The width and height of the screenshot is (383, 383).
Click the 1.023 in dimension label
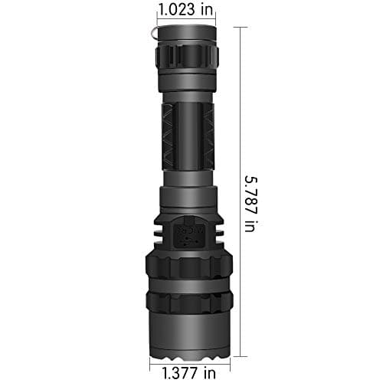coord(186,10)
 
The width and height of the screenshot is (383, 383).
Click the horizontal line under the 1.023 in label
coord(186,21)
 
